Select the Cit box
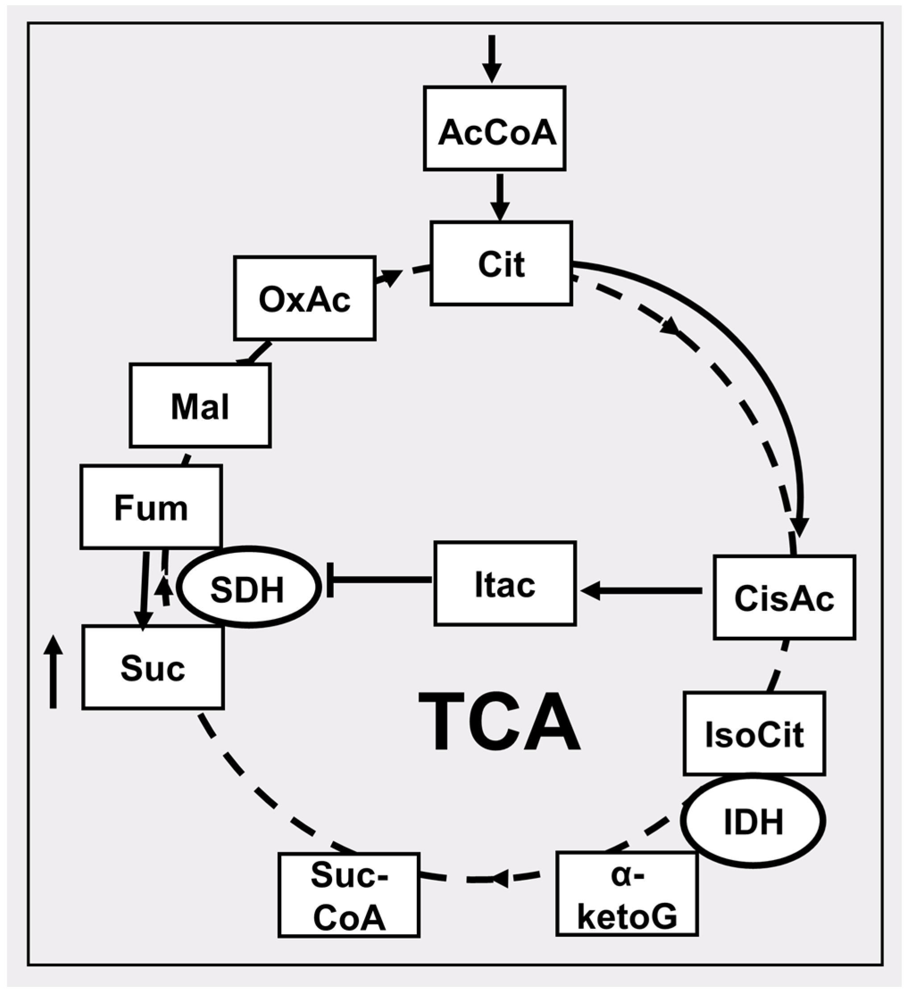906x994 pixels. [x=501, y=264]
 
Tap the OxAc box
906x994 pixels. [x=305, y=298]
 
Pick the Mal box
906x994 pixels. [x=200, y=406]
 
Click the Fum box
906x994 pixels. [x=151, y=507]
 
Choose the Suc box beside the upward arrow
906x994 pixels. [x=153, y=667]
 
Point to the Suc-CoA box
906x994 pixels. [x=349, y=895]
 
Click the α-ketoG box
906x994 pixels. [x=628, y=895]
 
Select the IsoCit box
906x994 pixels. [x=754, y=733]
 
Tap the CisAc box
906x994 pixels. [x=784, y=597]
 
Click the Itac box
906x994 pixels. [x=505, y=584]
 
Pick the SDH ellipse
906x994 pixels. [x=248, y=587]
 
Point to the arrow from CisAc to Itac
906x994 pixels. [x=641, y=590]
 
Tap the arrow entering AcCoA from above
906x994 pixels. [x=491, y=58]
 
